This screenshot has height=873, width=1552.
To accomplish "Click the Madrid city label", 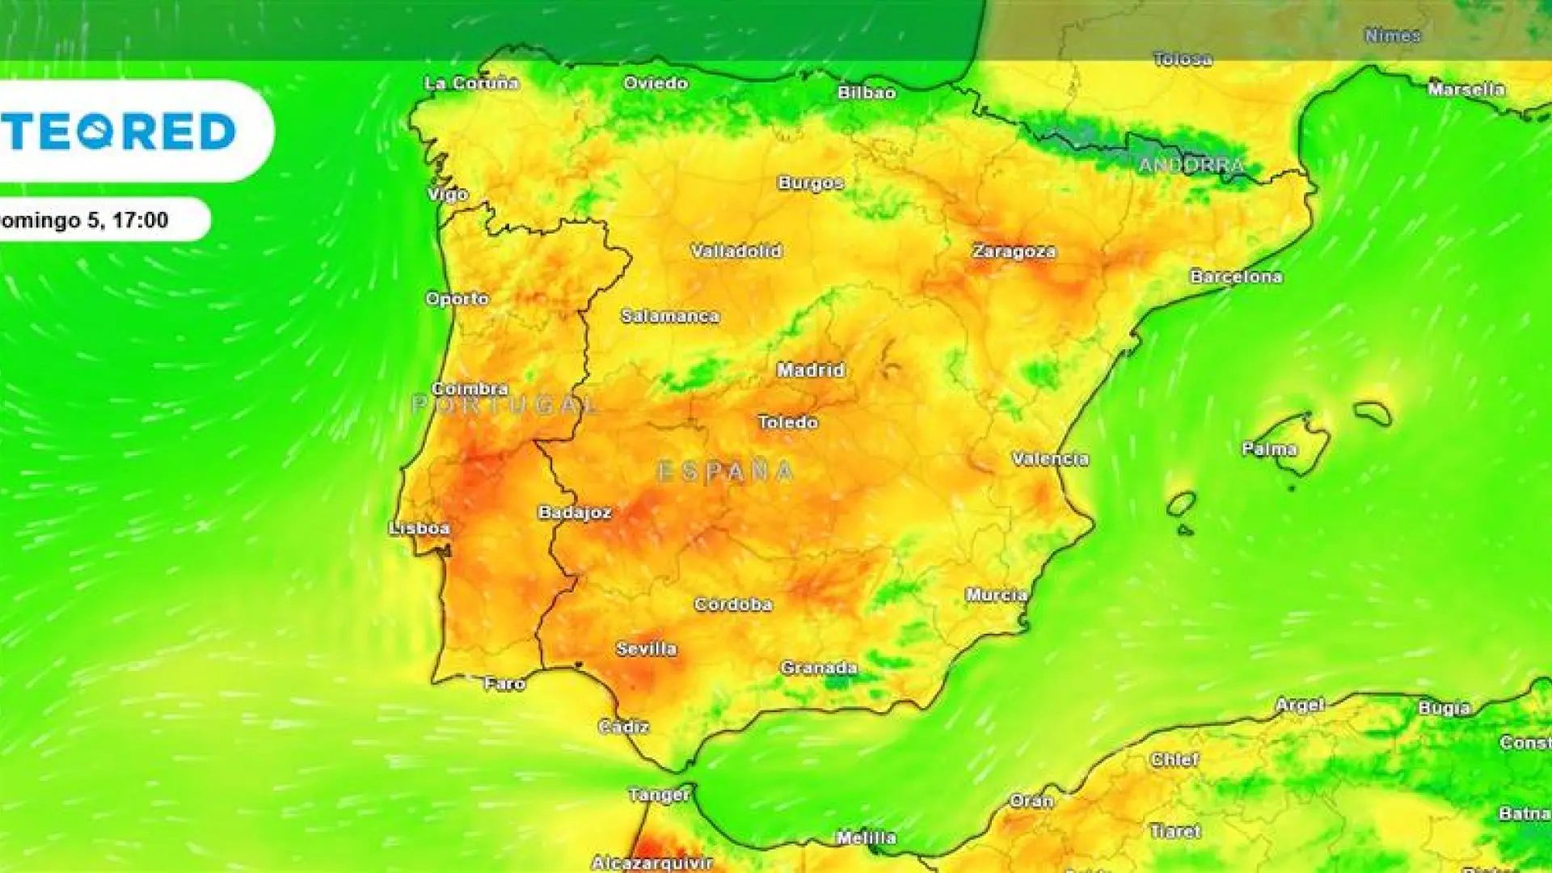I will click(811, 370).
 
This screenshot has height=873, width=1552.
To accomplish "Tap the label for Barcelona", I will click(1236, 276).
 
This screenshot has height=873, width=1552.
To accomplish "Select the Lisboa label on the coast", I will click(420, 529).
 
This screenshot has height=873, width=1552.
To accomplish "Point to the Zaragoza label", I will click(1014, 251).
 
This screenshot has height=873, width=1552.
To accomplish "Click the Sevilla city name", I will click(646, 648).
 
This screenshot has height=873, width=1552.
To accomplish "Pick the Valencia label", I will click(1050, 459).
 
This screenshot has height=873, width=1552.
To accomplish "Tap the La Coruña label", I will click(471, 83).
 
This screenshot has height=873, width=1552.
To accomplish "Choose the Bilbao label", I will click(867, 93).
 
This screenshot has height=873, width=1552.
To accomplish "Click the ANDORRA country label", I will click(1191, 166).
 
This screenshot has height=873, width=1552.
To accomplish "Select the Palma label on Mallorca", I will click(1269, 449).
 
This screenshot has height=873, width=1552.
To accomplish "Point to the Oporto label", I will click(457, 298).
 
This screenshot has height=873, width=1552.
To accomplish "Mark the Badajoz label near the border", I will click(575, 512).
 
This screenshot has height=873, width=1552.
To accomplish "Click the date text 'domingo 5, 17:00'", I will click(85, 220).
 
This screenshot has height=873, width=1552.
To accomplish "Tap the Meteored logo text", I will click(121, 131).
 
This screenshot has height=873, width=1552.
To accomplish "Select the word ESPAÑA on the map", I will click(725, 471).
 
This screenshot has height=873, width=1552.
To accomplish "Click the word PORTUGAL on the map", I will click(506, 404).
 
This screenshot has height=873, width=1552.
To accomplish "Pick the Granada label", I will click(819, 668).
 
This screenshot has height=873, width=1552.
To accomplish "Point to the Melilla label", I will click(866, 838).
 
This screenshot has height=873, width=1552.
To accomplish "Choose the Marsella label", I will click(1466, 89).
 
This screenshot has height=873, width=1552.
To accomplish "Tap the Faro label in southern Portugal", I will click(504, 684).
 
